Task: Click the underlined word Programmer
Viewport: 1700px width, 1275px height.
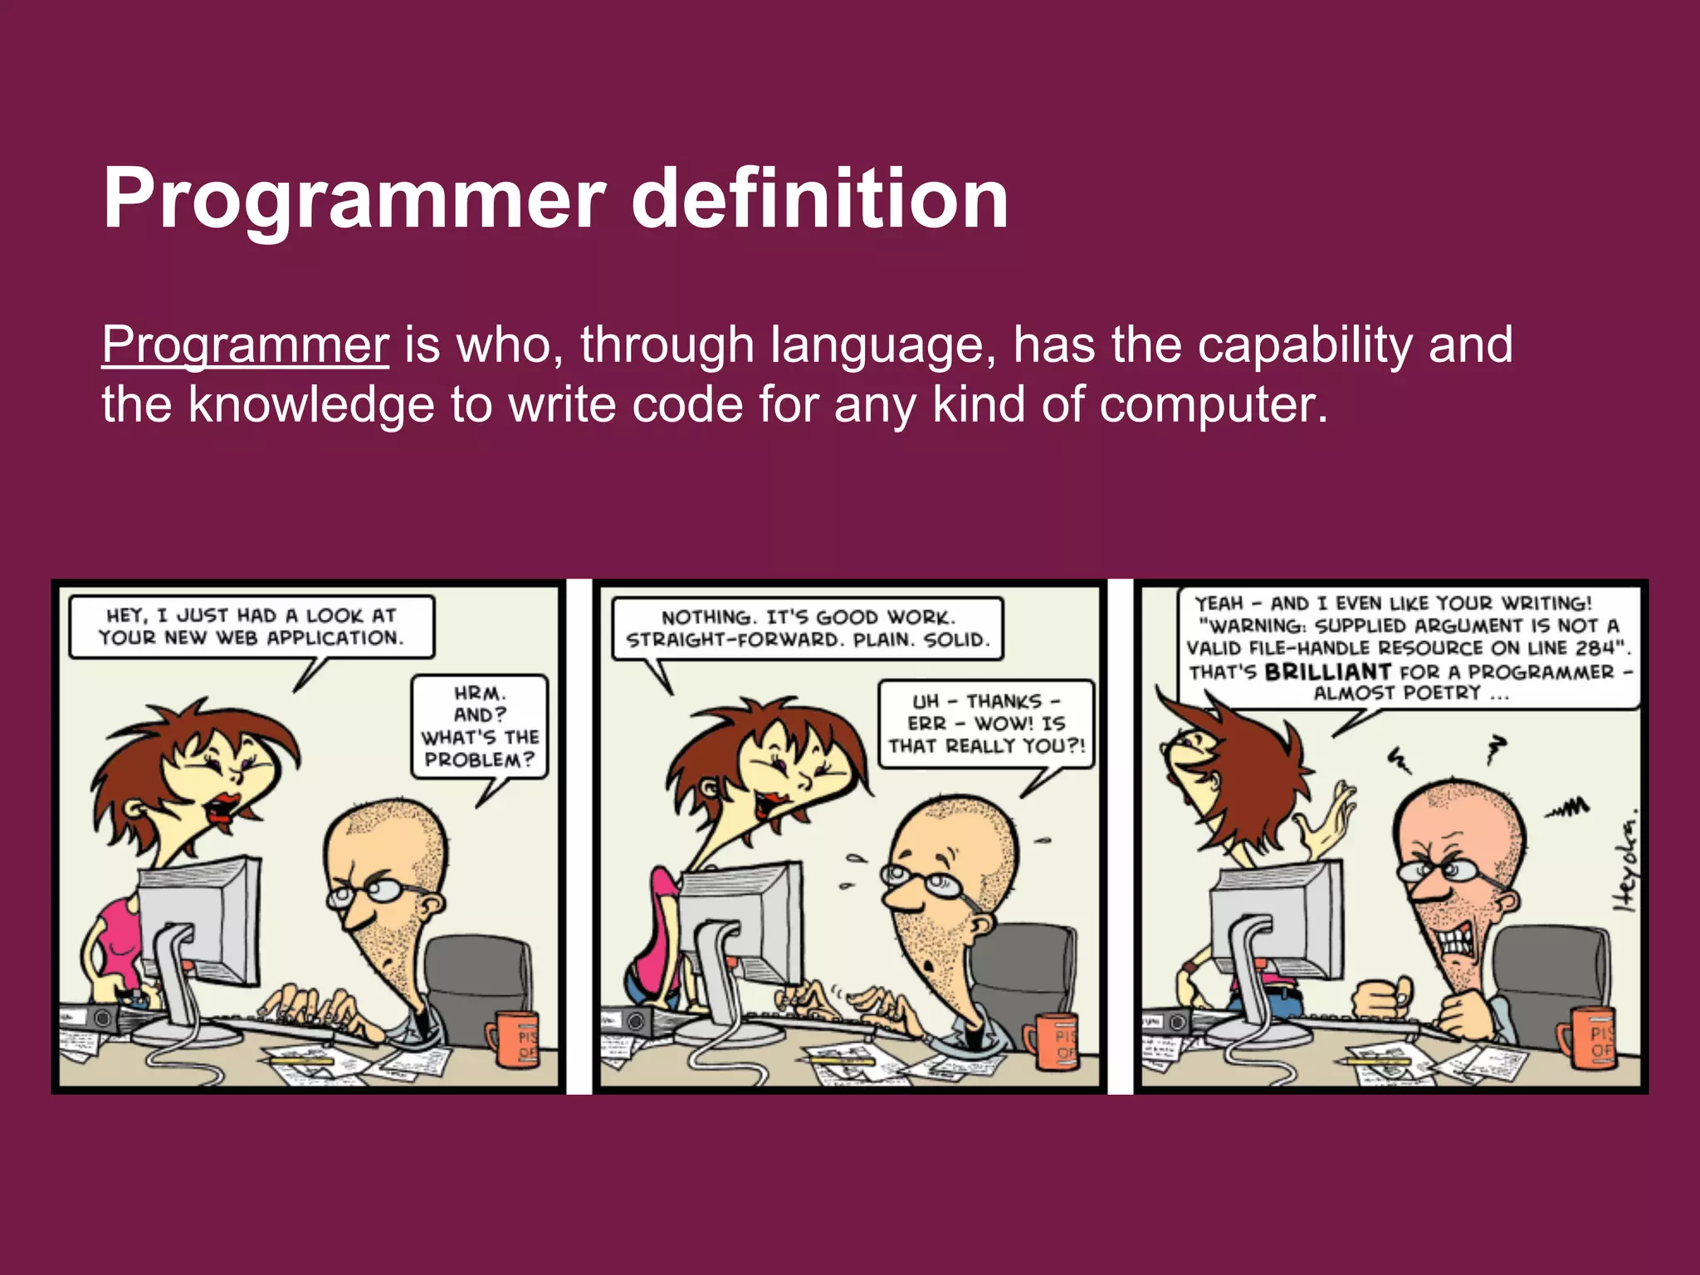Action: tap(245, 345)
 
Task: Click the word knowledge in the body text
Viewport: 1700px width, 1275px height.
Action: tap(311, 405)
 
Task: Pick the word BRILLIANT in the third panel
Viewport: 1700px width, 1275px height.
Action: tap(1327, 672)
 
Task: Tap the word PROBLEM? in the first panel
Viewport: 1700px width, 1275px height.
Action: tap(479, 760)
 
